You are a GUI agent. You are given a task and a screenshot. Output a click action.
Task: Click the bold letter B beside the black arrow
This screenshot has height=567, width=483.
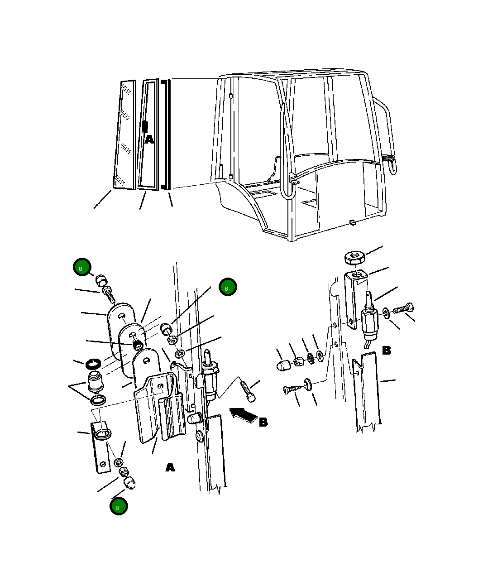(x=263, y=423)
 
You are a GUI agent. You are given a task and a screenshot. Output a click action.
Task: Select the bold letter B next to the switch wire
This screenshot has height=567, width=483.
(x=387, y=350)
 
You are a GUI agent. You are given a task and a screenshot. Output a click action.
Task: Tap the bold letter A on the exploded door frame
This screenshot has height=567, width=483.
(x=149, y=139)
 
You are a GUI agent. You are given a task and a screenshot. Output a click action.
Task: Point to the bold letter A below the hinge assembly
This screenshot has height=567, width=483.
(x=170, y=467)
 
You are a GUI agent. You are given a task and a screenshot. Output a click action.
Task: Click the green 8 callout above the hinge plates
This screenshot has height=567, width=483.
(x=82, y=267)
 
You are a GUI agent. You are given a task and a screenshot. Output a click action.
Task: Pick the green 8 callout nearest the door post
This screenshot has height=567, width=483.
(x=228, y=287)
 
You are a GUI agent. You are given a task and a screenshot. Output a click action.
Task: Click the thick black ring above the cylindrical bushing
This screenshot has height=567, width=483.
(x=93, y=364)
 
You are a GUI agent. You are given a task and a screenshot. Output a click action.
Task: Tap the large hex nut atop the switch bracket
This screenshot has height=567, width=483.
(x=354, y=257)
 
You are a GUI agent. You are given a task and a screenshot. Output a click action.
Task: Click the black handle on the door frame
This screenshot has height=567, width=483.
(x=145, y=126)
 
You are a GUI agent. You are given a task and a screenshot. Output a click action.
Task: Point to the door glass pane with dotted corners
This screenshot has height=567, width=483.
(x=125, y=135)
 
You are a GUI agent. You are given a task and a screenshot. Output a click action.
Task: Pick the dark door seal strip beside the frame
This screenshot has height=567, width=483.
(x=166, y=135)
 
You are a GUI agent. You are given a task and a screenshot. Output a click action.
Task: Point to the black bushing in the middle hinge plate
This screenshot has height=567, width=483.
(x=138, y=344)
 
